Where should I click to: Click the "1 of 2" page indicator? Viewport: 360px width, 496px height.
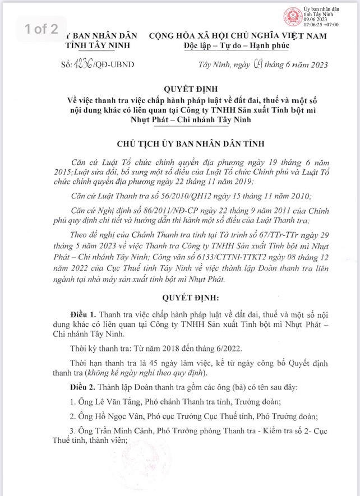click(41, 30)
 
